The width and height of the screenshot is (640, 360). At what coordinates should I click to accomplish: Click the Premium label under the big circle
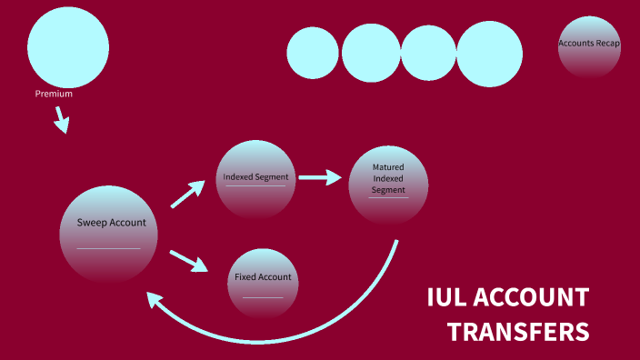click(x=54, y=94)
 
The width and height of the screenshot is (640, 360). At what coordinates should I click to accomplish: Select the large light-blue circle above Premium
click(x=68, y=47)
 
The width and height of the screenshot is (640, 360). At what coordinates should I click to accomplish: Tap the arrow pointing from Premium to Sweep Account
click(x=61, y=120)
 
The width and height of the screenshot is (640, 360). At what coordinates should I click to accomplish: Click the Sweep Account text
click(x=111, y=222)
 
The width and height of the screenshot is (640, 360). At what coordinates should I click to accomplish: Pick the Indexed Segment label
click(x=255, y=176)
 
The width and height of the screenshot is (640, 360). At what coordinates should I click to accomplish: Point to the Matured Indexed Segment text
click(x=388, y=178)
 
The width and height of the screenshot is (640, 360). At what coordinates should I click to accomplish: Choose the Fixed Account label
click(x=263, y=277)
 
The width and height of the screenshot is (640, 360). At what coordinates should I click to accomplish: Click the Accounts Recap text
click(x=589, y=43)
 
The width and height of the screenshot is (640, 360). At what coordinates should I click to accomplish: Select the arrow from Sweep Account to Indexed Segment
click(x=188, y=194)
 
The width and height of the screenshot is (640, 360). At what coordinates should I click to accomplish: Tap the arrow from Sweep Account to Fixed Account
click(x=188, y=260)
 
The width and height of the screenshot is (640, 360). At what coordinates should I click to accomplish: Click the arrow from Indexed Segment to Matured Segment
click(x=319, y=177)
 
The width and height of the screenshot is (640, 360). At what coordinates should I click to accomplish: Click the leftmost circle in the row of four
click(x=313, y=53)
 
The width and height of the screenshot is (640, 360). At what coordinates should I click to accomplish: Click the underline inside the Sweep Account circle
click(x=108, y=248)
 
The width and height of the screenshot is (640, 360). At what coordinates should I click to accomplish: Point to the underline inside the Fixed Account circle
click(x=263, y=297)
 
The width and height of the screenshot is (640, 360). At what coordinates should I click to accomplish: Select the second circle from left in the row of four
click(x=371, y=53)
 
